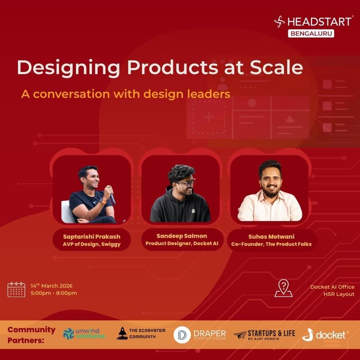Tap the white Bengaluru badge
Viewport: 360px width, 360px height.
pos(312,33)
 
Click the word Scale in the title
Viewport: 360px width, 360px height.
pos(274,68)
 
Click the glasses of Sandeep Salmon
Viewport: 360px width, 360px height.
pos(185,183)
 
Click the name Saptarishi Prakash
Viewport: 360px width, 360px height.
pos(92,236)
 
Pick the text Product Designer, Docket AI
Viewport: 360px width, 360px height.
pos(181,243)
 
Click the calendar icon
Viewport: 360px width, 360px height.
pos(16,289)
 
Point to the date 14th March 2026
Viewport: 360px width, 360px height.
pos(51,286)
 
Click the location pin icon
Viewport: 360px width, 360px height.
pos(283,288)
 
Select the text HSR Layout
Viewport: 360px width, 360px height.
pos(339,294)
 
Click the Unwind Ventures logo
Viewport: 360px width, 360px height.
pos(84,333)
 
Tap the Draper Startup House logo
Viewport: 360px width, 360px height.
pos(200,334)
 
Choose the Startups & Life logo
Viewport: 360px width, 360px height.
pos(264,334)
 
